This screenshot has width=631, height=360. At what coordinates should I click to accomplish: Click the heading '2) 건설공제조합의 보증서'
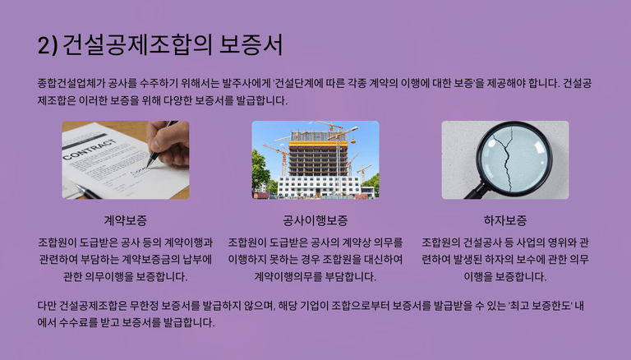tap(160, 44)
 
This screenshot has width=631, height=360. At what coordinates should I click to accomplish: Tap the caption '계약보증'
tap(126, 220)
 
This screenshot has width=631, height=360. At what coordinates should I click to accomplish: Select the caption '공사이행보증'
tap(315, 220)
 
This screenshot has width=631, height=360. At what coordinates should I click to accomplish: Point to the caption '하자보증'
tap(505, 220)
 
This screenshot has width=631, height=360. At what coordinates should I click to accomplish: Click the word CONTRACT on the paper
tap(90, 148)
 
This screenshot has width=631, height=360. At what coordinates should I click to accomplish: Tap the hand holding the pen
tap(168, 141)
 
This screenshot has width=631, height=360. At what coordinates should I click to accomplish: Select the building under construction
tap(318, 161)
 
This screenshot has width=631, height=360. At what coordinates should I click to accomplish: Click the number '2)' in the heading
tap(48, 45)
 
